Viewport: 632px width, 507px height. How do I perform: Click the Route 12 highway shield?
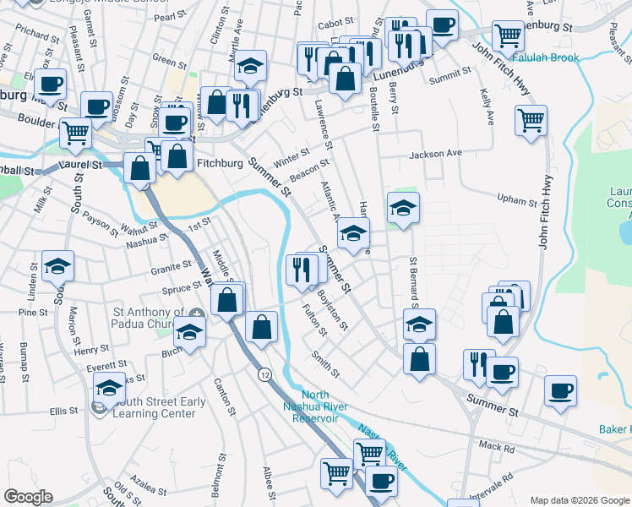pyautogui.click(x=265, y=374)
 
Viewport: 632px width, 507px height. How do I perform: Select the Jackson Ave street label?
pyautogui.click(x=436, y=155)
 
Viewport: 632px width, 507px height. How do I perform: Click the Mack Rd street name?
pyautogui.click(x=496, y=447)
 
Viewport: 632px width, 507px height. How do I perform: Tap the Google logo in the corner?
pyautogui.click(x=28, y=497)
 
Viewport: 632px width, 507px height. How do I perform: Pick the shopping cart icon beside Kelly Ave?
pyautogui.click(x=531, y=122)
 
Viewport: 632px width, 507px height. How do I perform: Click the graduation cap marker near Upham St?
pyautogui.click(x=404, y=208)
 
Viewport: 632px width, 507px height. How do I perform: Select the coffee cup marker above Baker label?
pyautogui.click(x=560, y=390)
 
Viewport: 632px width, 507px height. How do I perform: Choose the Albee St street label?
pyautogui.click(x=268, y=478)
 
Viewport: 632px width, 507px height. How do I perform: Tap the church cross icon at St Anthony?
pyautogui.click(x=197, y=313)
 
